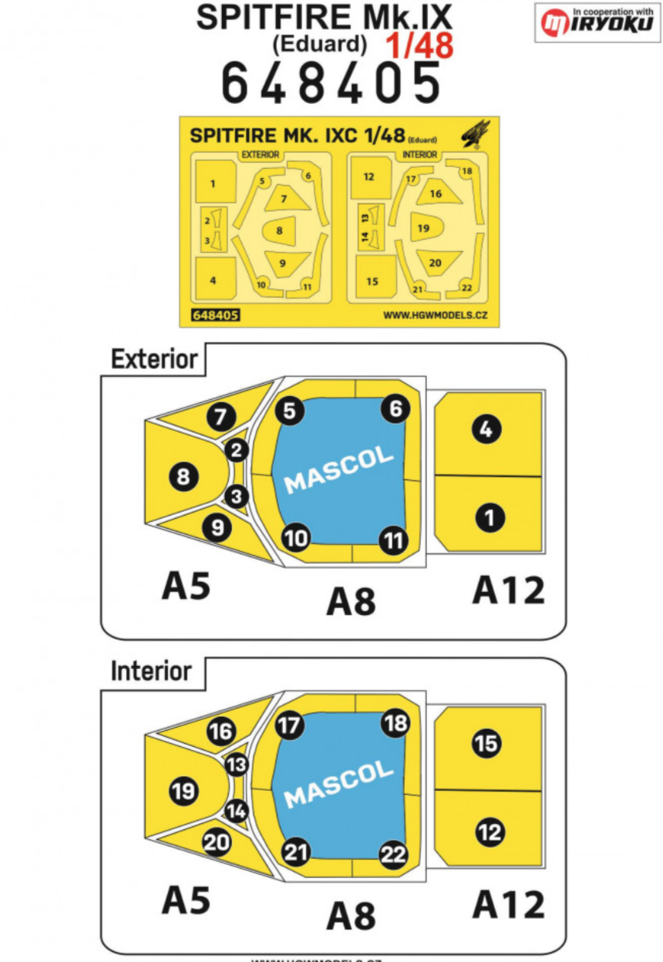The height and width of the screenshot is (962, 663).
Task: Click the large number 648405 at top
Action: point(331,82)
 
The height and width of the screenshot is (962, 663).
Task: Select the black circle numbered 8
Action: point(183,478)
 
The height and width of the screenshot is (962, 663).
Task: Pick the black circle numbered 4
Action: point(486,429)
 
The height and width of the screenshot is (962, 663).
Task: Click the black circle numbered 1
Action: point(489,518)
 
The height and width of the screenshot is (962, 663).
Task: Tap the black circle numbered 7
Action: point(220,418)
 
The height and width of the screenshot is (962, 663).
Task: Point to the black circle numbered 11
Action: point(394,540)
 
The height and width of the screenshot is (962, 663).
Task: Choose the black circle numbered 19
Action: point(183,791)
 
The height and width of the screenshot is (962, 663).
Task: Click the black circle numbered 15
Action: point(486,744)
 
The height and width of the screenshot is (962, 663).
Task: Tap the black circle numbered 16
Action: point(221,731)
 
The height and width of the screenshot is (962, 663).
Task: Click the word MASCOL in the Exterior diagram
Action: point(339,471)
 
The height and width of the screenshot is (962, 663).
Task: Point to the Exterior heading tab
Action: point(154,359)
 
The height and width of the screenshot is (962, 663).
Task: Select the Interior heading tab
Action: point(151,671)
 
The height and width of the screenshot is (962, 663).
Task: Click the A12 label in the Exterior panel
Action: point(508,590)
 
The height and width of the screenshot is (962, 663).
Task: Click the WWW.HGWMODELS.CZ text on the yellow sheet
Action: point(436,315)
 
